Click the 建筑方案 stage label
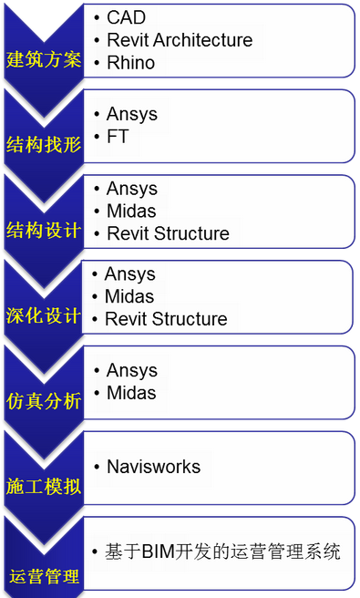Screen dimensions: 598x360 coord(44,60)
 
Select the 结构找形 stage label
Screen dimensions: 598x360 coord(44,144)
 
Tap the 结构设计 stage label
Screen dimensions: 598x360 coord(44,229)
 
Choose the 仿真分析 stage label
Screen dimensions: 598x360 coord(44,400)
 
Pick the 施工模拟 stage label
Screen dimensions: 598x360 coord(44,486)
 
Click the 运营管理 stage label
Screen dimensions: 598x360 coord(44,576)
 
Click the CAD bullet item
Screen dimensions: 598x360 coord(126,17)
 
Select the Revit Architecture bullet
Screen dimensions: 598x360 coord(179,40)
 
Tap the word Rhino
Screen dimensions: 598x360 coord(130,63)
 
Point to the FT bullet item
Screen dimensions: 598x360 coord(118,137)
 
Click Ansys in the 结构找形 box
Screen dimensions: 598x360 coord(131,114)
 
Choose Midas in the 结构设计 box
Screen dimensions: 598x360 coord(130,211)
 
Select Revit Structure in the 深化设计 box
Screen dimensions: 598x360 coord(166,319)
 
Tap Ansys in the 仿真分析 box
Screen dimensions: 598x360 coord(131,370)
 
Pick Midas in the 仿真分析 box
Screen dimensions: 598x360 coord(130,393)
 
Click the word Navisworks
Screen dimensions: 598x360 coord(153,467)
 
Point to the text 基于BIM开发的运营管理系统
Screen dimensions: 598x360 coord(222,552)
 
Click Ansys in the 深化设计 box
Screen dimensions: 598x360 coord(129,273)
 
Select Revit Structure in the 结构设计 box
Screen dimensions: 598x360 coord(168,234)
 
